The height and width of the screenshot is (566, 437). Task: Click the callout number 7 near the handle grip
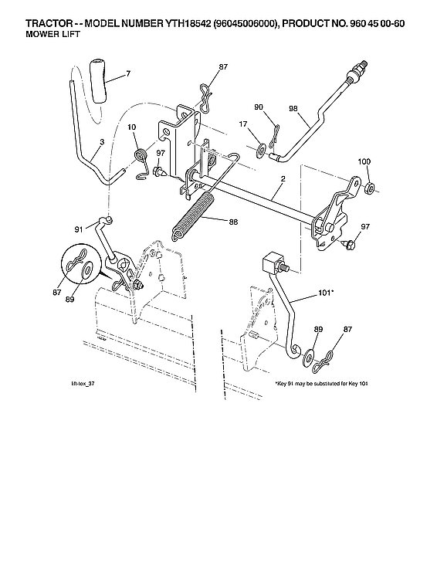128,74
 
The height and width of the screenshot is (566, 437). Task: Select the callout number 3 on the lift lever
82,143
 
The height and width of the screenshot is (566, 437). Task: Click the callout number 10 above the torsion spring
131,127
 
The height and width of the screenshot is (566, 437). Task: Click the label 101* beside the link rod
325,293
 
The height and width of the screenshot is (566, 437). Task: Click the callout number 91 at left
80,229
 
